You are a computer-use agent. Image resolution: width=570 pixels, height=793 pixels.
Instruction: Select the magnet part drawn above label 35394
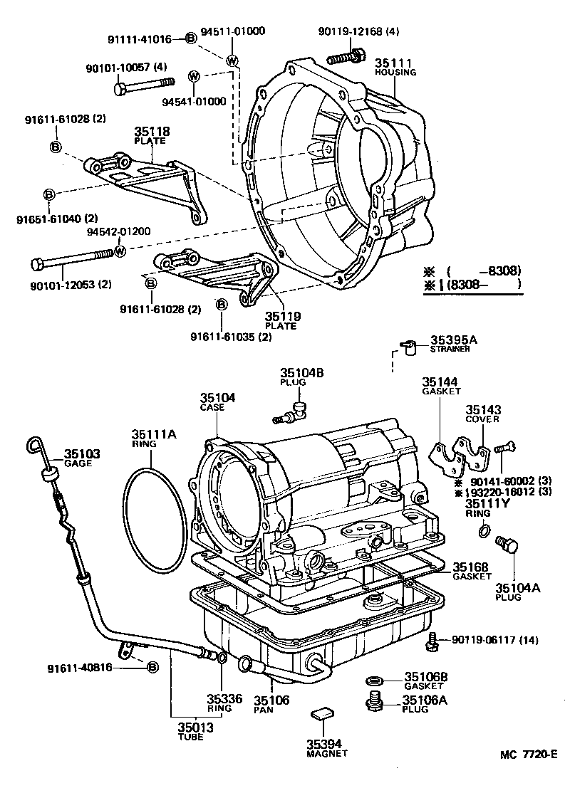point(322,714)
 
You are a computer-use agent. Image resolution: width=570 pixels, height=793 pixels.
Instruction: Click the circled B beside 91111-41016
point(190,39)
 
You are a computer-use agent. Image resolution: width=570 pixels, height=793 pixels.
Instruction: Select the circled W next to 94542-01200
point(120,251)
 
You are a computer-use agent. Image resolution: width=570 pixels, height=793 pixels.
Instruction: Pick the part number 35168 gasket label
point(470,567)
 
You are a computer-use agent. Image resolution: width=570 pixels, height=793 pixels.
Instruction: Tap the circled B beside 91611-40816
point(152,667)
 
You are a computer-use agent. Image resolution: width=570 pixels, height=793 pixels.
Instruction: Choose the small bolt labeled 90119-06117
point(430,641)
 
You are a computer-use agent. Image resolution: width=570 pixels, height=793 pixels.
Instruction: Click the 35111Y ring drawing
point(484,530)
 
